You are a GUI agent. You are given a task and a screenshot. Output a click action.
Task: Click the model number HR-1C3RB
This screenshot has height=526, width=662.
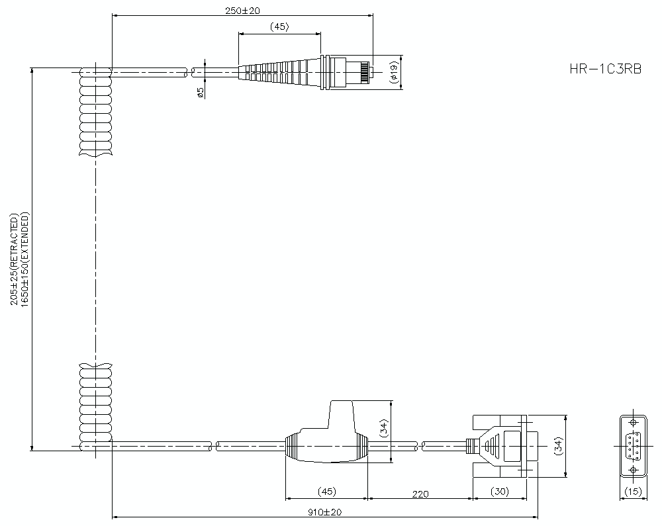click(605, 69)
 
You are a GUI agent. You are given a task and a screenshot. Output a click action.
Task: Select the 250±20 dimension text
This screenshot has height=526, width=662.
click(242, 9)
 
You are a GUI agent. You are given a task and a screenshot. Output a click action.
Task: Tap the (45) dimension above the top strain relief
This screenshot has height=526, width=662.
click(279, 27)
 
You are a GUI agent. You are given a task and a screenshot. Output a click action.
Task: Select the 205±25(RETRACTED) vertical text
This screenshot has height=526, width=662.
click(14, 259)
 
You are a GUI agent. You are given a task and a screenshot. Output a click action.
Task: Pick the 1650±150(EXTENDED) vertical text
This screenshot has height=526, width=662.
click(25, 259)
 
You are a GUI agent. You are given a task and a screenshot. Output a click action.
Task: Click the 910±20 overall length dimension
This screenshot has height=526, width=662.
click(325, 512)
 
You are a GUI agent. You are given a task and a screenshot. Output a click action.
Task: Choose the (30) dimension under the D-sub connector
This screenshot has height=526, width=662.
click(499, 492)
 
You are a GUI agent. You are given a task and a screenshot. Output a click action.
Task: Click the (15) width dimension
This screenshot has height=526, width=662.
click(634, 492)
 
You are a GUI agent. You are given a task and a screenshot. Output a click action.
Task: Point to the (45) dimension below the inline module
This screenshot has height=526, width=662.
click(326, 492)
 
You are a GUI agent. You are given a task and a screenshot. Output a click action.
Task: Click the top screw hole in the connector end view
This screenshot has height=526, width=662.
click(634, 423)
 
